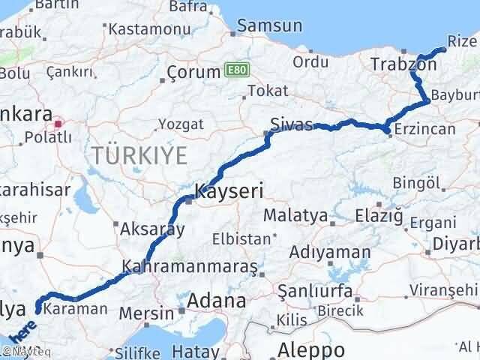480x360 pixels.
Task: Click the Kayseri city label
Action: [229, 191]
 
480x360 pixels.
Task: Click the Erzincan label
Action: [424, 130]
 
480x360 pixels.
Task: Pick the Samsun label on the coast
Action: [270, 25]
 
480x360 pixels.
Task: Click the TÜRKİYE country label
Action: [139, 156]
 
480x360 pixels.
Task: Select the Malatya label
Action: [295, 217]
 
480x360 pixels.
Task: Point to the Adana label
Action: [216, 301]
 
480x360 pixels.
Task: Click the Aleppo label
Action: [311, 349]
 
